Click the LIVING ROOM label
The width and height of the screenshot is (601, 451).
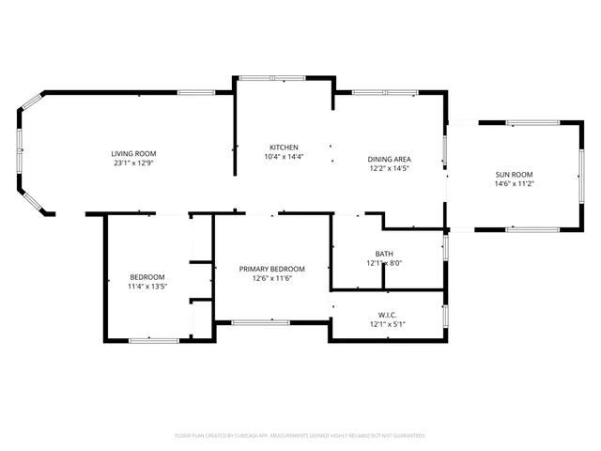[133, 153]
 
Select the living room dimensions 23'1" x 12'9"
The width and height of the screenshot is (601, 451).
[133, 163]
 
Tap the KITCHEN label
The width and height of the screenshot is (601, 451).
[284, 148]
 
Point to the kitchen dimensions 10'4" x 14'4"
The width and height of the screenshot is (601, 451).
[284, 158]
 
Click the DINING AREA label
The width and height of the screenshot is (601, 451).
[389, 159]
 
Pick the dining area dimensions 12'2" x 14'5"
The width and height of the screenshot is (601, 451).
[389, 169]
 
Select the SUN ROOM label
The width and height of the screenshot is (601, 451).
[514, 175]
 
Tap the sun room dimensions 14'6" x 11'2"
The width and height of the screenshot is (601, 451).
[514, 185]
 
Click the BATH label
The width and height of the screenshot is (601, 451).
[384, 254]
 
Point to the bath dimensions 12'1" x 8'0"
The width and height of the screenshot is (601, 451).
[384, 264]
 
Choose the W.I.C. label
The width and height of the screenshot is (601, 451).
[388, 314]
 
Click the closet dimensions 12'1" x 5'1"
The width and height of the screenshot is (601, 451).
[388, 324]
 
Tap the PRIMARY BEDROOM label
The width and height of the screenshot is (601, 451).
[271, 268]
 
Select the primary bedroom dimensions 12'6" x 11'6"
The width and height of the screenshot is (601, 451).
[271, 278]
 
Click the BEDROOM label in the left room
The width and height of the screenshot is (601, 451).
[147, 276]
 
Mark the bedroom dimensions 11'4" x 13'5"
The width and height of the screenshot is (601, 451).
[147, 287]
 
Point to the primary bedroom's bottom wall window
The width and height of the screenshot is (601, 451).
[260, 322]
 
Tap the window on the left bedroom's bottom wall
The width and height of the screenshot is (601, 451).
[153, 339]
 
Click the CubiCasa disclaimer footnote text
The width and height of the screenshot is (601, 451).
[300, 436]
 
